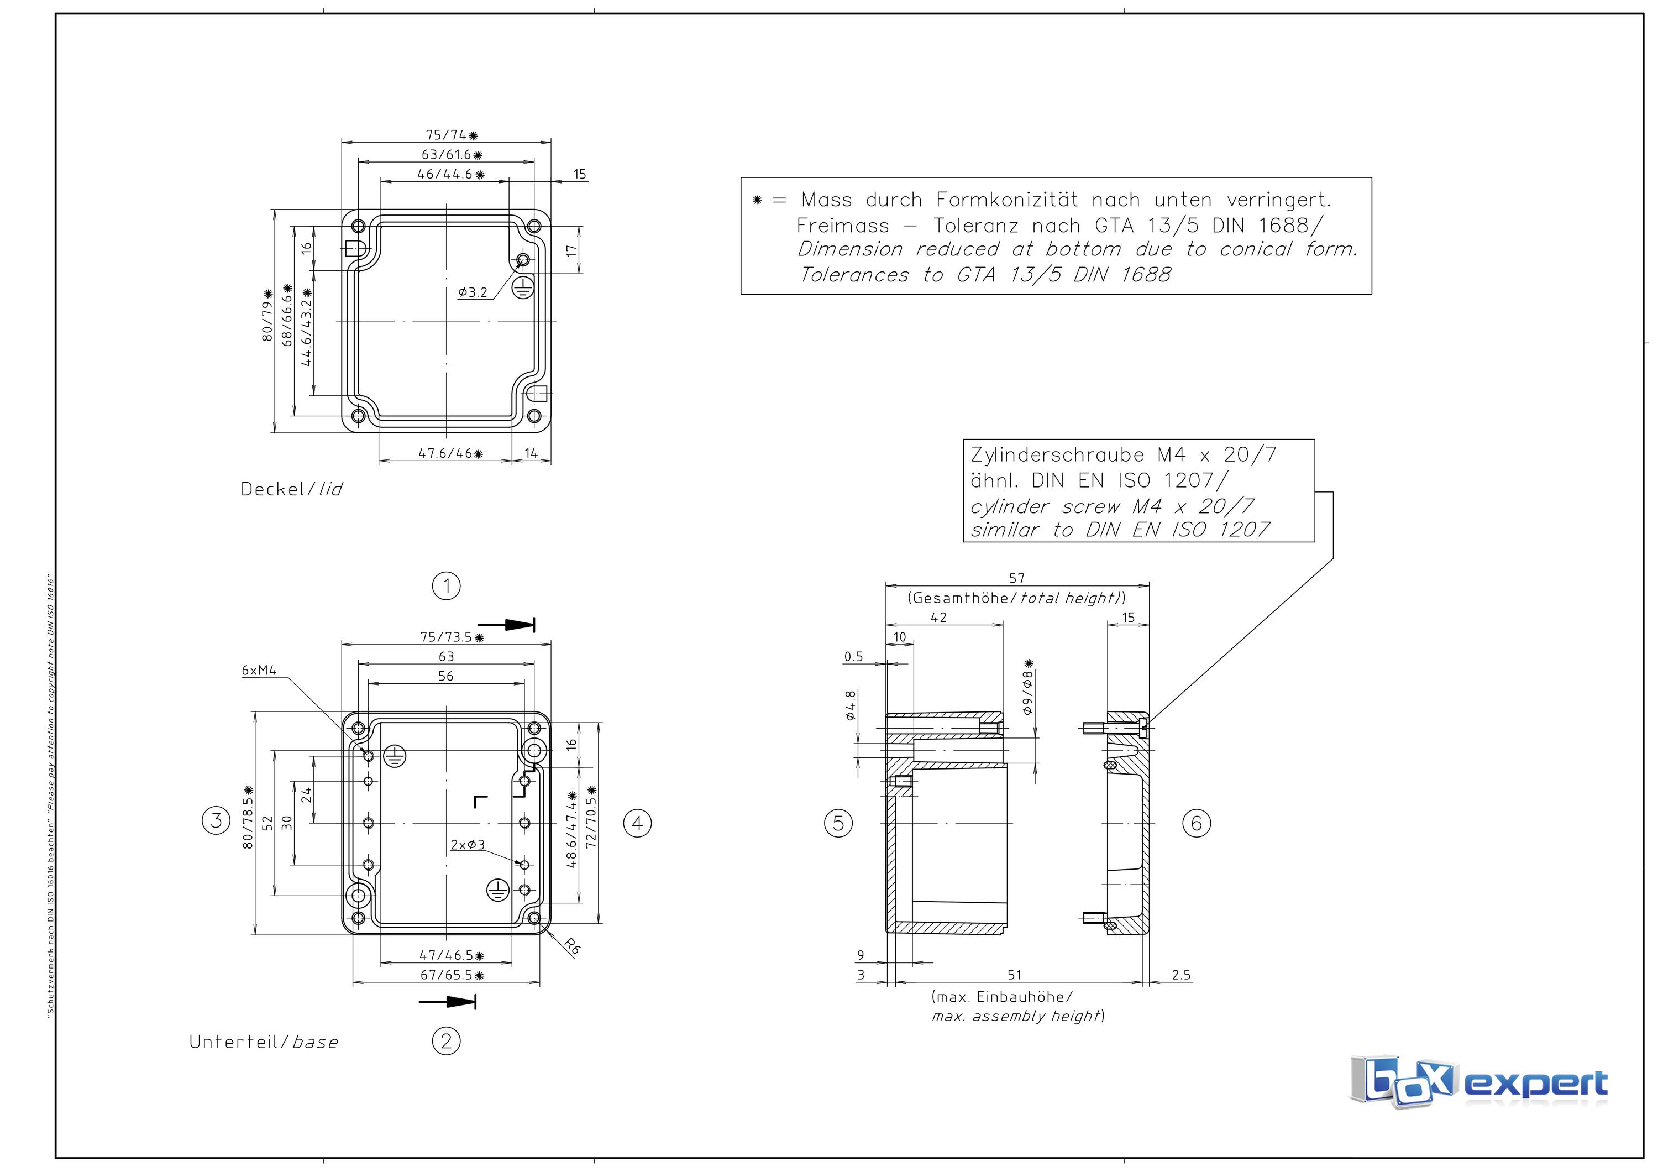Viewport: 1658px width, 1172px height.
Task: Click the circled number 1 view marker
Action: click(x=446, y=585)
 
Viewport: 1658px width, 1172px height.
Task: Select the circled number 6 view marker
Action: click(x=1196, y=823)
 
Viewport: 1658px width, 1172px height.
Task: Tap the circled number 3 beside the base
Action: click(x=216, y=820)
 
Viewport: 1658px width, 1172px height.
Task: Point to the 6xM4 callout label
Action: click(x=259, y=670)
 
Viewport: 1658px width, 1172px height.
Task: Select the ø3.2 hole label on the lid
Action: click(x=473, y=292)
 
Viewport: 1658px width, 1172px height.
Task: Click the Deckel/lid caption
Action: click(x=292, y=490)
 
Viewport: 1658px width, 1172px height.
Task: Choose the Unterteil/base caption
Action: click(x=264, y=1042)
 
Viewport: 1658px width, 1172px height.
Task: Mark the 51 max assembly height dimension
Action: click(x=1015, y=975)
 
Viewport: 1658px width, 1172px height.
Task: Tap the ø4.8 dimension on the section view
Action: click(x=851, y=705)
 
